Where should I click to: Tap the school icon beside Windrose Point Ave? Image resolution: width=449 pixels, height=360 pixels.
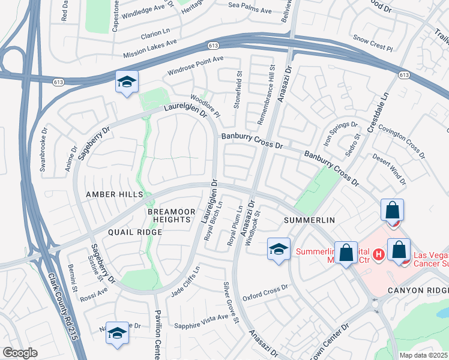[127, 83]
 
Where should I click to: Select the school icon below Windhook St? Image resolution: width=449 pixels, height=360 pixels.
[279, 250]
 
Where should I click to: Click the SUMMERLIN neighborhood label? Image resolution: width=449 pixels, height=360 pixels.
[309, 221]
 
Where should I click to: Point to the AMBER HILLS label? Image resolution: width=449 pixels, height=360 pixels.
[114, 194]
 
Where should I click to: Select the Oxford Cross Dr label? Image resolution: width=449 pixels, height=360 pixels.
[265, 296]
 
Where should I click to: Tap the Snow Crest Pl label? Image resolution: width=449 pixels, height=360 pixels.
[372, 41]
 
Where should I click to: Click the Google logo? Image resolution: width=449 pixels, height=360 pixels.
[20, 353]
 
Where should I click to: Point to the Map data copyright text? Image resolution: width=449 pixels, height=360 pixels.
[423, 355]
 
